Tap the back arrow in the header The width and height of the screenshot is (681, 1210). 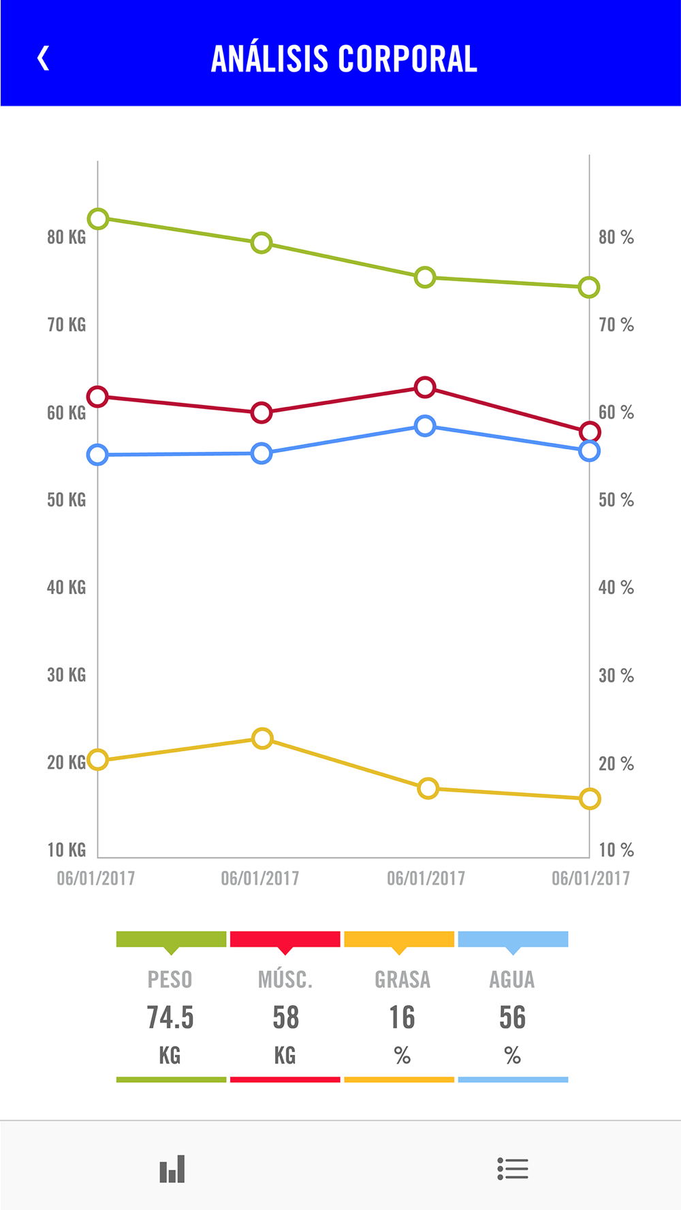[x=43, y=59]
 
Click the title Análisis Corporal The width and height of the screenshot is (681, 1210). [x=344, y=59]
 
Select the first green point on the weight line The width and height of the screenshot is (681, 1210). [x=98, y=219]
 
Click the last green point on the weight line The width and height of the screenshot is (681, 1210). [x=589, y=287]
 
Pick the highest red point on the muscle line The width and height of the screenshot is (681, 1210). [x=425, y=387]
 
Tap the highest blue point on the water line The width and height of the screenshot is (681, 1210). [x=425, y=426]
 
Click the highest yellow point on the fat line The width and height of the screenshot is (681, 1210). [x=262, y=738]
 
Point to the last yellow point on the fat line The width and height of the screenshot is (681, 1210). [x=590, y=799]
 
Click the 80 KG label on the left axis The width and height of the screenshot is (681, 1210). [x=66, y=238]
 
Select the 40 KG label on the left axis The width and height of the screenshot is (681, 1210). [x=66, y=587]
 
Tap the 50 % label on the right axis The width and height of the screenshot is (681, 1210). [x=616, y=500]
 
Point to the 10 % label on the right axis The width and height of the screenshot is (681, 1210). [x=616, y=850]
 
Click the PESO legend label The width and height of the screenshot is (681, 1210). [x=170, y=980]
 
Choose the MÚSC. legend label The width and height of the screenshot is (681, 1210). [x=285, y=980]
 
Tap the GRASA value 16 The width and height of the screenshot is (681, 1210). [x=402, y=1018]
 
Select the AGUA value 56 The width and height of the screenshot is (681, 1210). [x=512, y=1018]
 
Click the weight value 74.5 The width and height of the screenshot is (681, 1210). [x=170, y=1018]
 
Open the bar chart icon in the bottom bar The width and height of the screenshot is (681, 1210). [x=172, y=1169]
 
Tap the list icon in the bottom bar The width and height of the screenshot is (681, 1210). [x=513, y=1168]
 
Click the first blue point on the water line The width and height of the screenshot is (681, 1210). [x=98, y=455]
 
